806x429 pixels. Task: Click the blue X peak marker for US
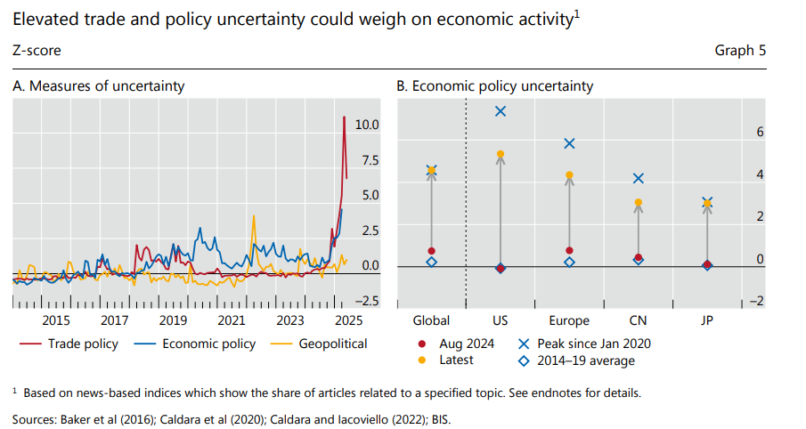pyautogui.click(x=501, y=111)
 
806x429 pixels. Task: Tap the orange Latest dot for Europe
pyautogui.click(x=569, y=175)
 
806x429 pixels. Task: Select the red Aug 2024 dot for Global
pyautogui.click(x=432, y=252)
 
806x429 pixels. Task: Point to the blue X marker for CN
pyautogui.click(x=638, y=179)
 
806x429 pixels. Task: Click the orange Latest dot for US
pyautogui.click(x=501, y=154)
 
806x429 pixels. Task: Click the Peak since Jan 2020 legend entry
pyautogui.click(x=586, y=344)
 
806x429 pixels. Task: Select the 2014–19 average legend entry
pyautogui.click(x=579, y=360)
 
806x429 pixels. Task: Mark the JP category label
pyautogui.click(x=706, y=320)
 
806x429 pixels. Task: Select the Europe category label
pyautogui.click(x=569, y=320)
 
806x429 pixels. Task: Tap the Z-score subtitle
pyautogui.click(x=37, y=51)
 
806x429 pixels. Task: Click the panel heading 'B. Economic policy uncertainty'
pyautogui.click(x=494, y=86)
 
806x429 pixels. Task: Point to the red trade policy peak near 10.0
pyautogui.click(x=345, y=117)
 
